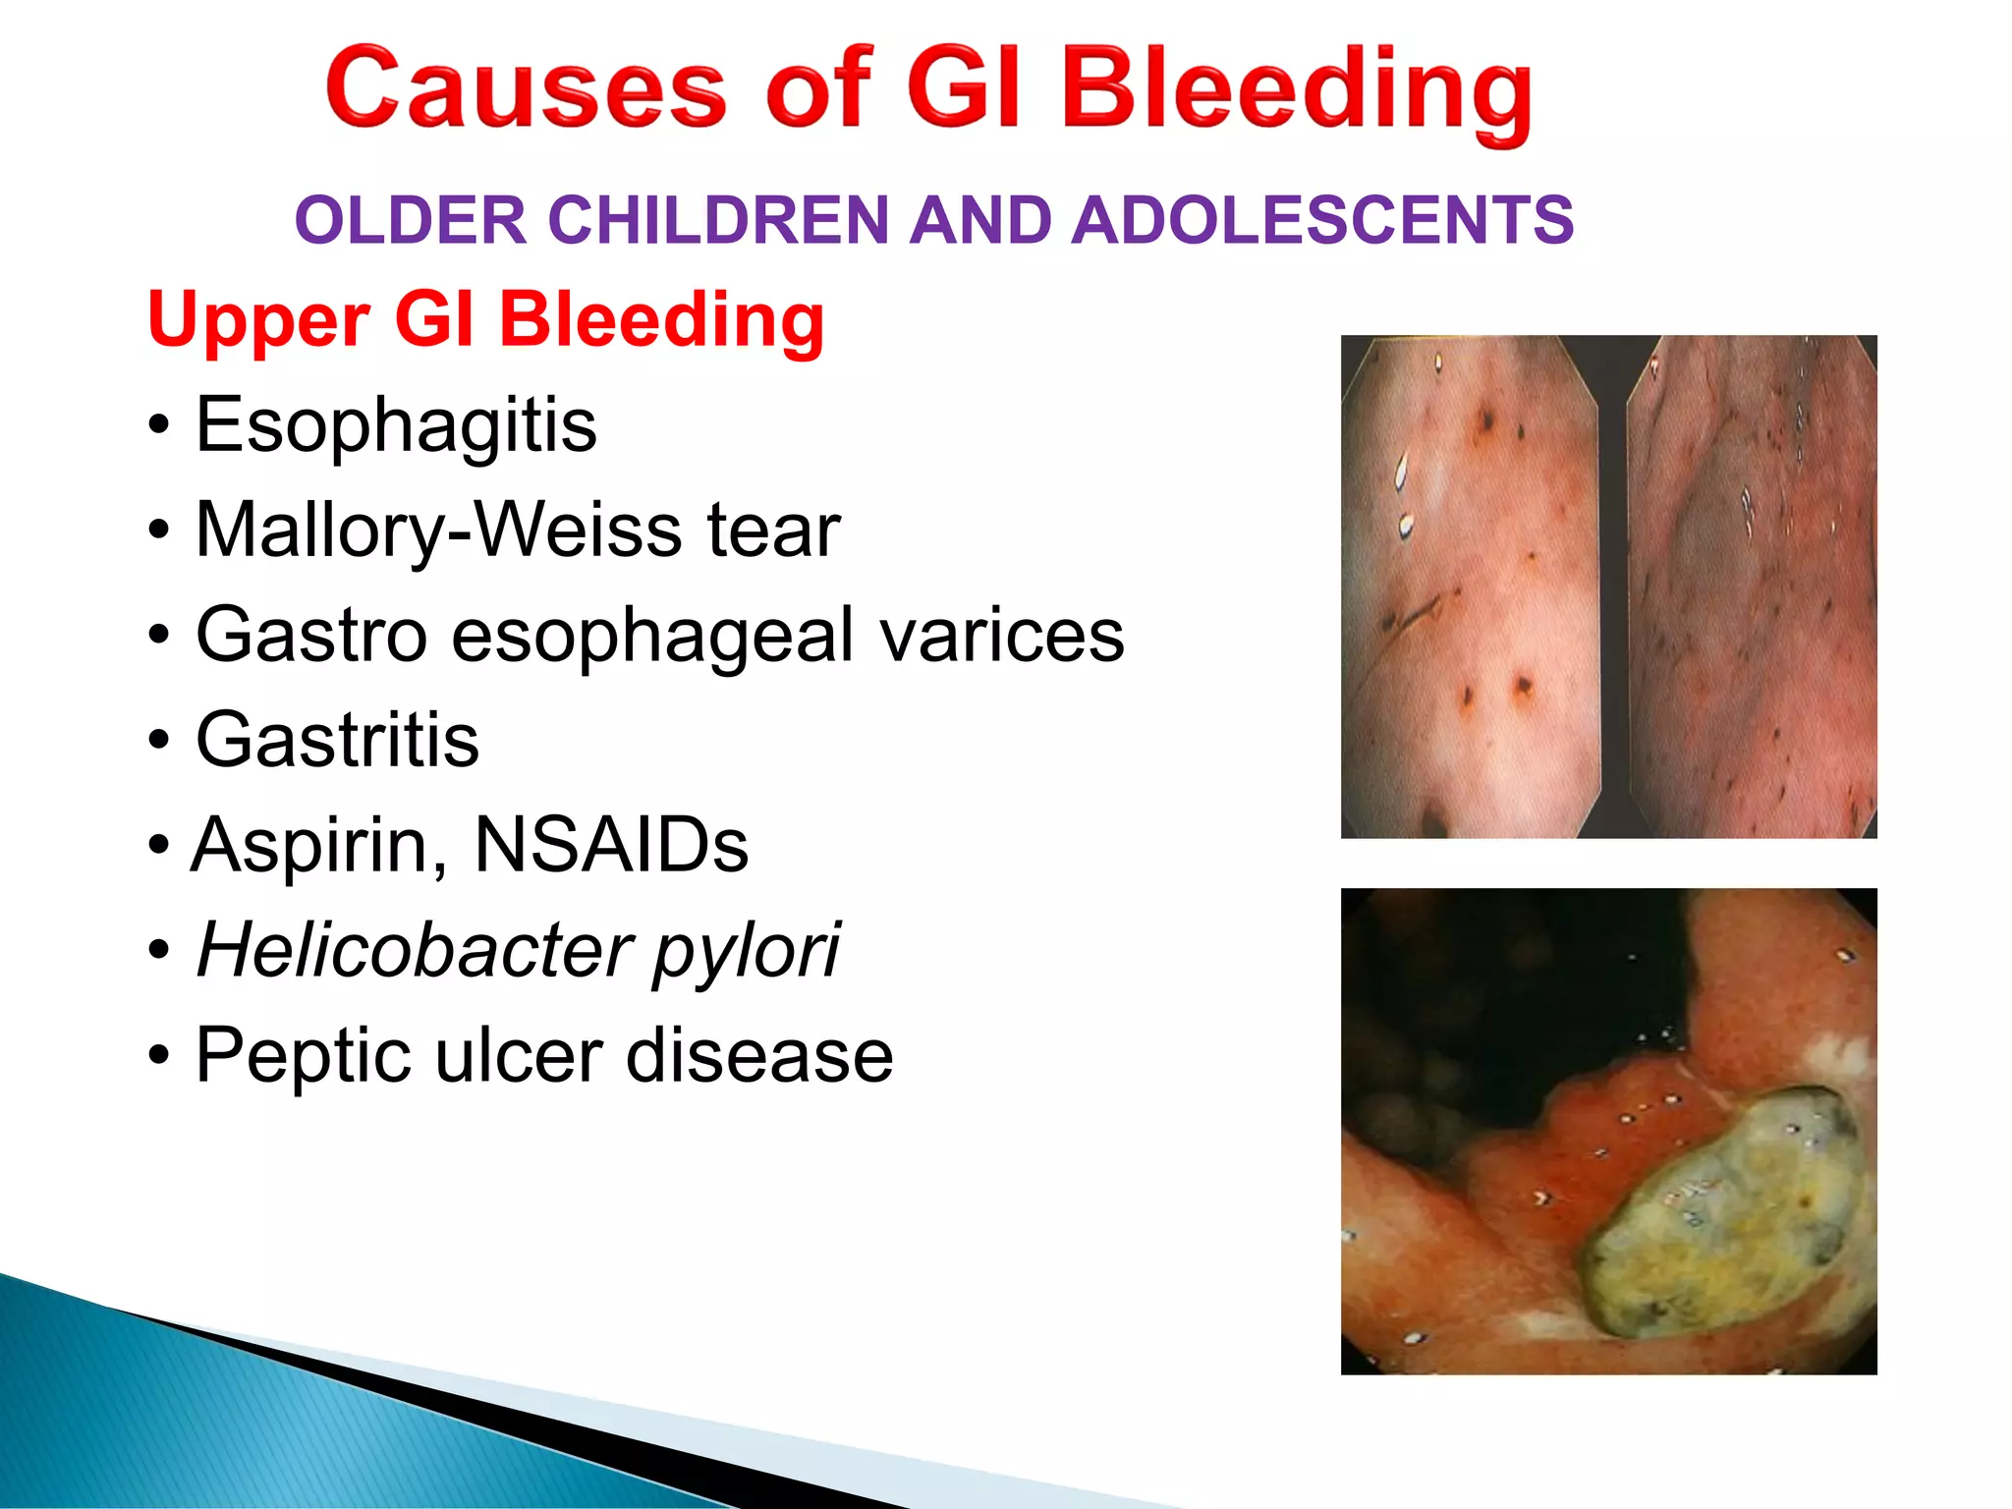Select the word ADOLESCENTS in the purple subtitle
(x=1322, y=220)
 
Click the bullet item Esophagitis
(x=395, y=426)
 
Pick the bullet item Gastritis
(x=337, y=740)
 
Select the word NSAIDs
(x=610, y=845)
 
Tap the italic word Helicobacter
(x=413, y=950)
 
